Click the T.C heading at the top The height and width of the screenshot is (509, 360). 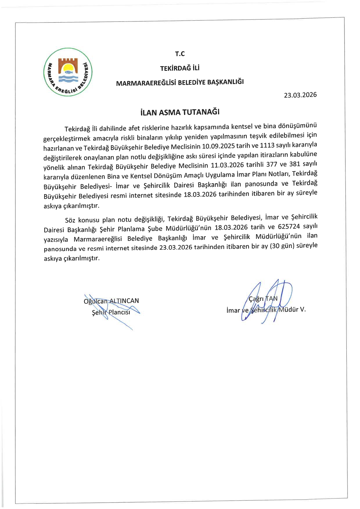180,54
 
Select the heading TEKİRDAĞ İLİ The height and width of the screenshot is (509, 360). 180,68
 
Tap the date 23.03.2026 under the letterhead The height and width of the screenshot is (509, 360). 300,95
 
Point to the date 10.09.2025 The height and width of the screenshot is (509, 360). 218,146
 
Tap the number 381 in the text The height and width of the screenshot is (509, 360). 295,164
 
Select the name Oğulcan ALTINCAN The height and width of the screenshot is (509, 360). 111,301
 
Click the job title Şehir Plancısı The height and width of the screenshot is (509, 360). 111,313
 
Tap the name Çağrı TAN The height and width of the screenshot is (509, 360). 263,299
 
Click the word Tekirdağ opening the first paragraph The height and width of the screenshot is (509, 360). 77,128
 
